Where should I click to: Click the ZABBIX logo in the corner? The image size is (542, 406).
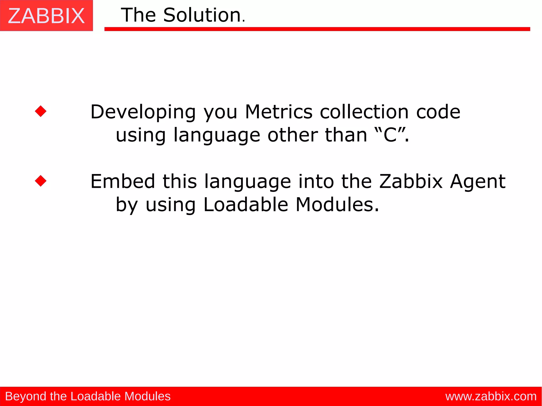pyautogui.click(x=46, y=16)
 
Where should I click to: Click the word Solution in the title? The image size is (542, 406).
pyautogui.click(x=202, y=15)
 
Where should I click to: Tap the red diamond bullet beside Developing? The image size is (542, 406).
pyautogui.click(x=41, y=111)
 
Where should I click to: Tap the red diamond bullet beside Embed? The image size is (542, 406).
pyautogui.click(x=41, y=181)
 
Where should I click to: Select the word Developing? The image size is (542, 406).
pyautogui.click(x=143, y=112)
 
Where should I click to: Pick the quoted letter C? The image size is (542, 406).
pyautogui.click(x=390, y=135)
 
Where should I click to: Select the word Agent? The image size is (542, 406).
pyautogui.click(x=478, y=182)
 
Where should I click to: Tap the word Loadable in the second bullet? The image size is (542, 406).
pyautogui.click(x=246, y=205)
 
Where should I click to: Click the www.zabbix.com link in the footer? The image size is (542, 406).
pyautogui.click(x=491, y=396)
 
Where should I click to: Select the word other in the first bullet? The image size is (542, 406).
pyautogui.click(x=292, y=135)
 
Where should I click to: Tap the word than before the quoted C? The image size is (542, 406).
pyautogui.click(x=346, y=135)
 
